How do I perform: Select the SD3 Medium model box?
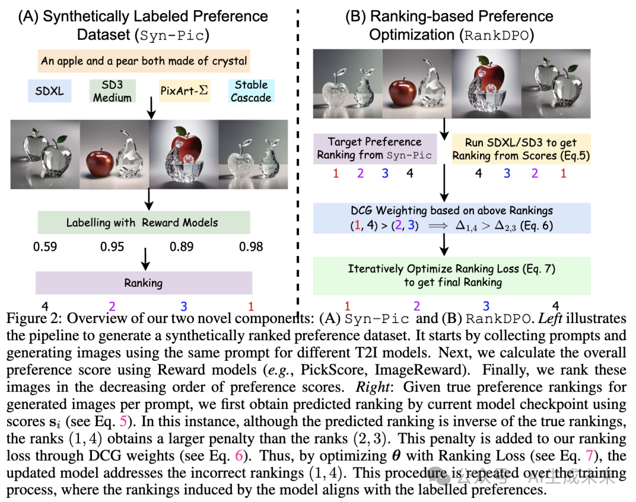pos(113,91)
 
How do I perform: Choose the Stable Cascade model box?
pos(251,91)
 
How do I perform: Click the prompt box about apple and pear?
pos(144,60)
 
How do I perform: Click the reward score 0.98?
pos(251,247)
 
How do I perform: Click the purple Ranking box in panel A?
pos(144,282)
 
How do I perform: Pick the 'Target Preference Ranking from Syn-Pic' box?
pos(375,148)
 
